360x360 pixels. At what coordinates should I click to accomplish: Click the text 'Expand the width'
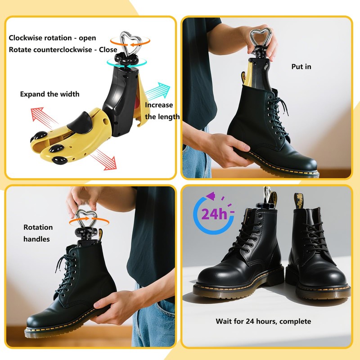point(49,94)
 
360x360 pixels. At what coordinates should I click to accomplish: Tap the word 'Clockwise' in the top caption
point(27,38)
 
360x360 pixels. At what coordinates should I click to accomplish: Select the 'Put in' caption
point(301,67)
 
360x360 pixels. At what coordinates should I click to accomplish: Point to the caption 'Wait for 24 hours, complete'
point(263,321)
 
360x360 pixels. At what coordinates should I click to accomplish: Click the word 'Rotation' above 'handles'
point(38,227)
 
